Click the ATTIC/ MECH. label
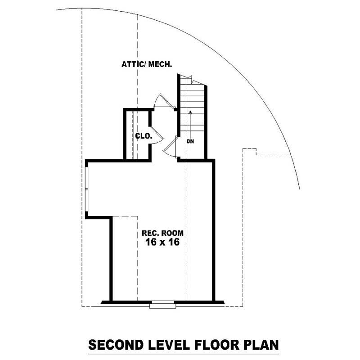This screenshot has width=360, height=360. click(x=147, y=64)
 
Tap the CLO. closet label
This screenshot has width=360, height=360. click(x=144, y=135)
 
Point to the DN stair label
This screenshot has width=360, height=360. click(x=191, y=141)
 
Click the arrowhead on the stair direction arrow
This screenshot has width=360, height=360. click(x=191, y=112)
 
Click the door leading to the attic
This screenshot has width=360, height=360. click(x=163, y=101)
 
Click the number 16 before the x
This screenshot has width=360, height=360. click(x=149, y=242)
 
